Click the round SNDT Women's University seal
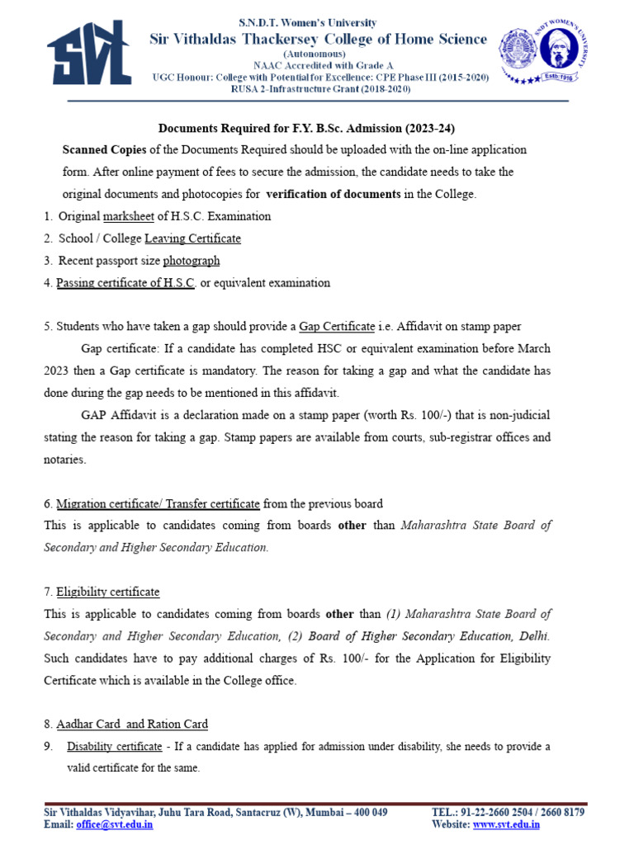click(542, 52)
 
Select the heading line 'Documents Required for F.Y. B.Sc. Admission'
click(306, 129)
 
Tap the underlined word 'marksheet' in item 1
click(130, 216)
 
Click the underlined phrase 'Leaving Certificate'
click(192, 238)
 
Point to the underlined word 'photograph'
click(192, 261)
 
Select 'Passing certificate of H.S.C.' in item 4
click(125, 283)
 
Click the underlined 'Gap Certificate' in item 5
click(336, 327)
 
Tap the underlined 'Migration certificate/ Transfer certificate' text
click(158, 503)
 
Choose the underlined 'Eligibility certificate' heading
click(107, 592)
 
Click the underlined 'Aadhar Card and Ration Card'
click(132, 725)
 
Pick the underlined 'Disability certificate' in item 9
click(114, 747)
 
